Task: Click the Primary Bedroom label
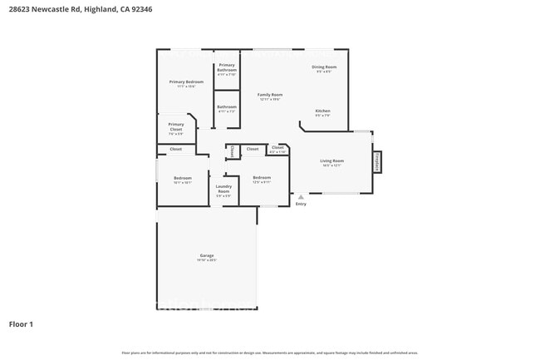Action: coord(186,81)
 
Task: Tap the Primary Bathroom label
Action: coord(227,67)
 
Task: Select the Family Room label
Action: coord(270,96)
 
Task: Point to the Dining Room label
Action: coord(324,67)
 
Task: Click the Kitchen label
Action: coord(322,111)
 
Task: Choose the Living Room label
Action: coord(332,160)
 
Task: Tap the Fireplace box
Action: coord(377,161)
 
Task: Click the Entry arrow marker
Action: coord(291,197)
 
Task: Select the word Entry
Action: coord(301,204)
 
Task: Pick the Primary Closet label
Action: coord(175,127)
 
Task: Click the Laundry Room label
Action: coord(223,189)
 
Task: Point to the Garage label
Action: coord(206,255)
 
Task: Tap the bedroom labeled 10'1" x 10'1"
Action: coord(182,178)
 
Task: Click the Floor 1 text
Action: coord(21,323)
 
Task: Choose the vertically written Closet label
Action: coord(232,150)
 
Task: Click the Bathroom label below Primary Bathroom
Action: coord(227,106)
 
